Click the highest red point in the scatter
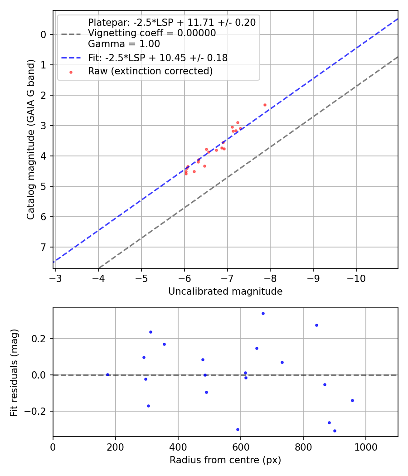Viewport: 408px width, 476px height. coord(265,105)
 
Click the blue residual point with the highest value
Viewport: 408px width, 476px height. coord(263,313)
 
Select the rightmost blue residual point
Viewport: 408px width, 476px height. coord(352,400)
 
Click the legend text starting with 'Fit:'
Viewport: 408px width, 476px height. coord(158,58)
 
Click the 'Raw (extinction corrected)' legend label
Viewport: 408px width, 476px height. coord(151,71)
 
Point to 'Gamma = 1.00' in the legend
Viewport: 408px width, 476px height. coord(124,44)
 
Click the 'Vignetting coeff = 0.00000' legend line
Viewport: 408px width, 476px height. coord(152,33)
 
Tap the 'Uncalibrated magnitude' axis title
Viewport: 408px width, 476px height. coord(225,291)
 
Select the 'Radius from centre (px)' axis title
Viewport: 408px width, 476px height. coord(225,460)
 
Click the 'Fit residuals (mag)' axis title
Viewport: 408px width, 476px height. coord(14,372)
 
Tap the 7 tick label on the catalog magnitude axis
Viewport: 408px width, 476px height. coord(44,247)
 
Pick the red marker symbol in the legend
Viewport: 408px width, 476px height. coord(71,72)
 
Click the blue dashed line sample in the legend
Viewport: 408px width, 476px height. coord(71,58)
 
